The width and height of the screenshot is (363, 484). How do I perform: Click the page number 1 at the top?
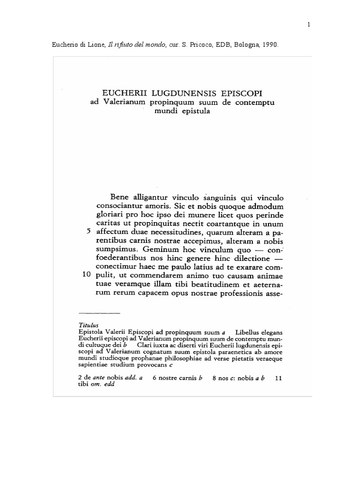click(308, 25)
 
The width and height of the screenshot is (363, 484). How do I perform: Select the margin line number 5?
click(88, 232)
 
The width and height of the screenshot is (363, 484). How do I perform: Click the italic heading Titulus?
click(86, 325)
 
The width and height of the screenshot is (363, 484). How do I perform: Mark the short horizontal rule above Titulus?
click(99, 313)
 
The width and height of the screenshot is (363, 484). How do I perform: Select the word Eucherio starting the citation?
click(63, 45)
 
